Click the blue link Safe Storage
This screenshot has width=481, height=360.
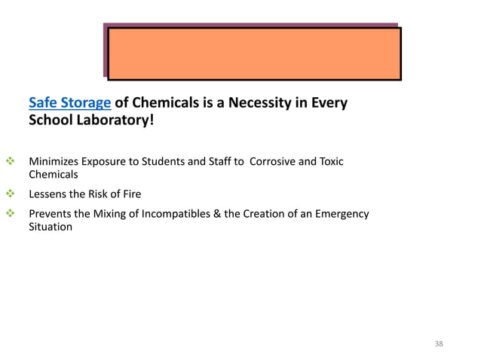tap(69, 103)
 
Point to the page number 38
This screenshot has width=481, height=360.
tap(440, 343)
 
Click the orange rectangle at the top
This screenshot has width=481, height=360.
tap(253, 53)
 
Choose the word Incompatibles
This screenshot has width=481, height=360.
tap(176, 214)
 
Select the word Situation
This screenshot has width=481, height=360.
tap(51, 227)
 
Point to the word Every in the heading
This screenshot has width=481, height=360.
tap(327, 103)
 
